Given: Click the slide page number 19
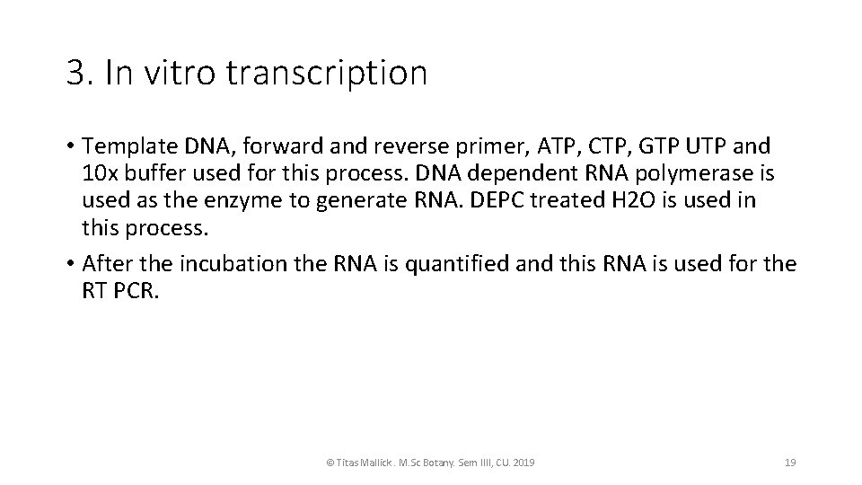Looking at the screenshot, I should coord(790,462).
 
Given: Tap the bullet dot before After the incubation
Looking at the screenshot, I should coord(70,265).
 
